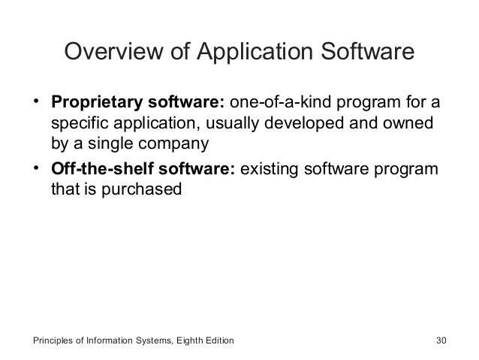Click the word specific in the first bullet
[x=79, y=122]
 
